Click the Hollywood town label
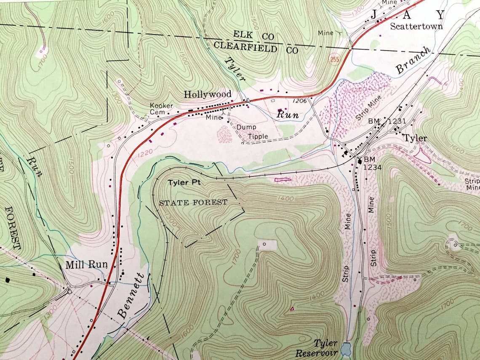208,94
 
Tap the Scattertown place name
416,26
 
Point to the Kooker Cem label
161,109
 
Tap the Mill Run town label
86,265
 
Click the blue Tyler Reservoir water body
346,349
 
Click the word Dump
246,127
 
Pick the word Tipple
257,136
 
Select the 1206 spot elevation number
298,101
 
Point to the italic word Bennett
131,296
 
